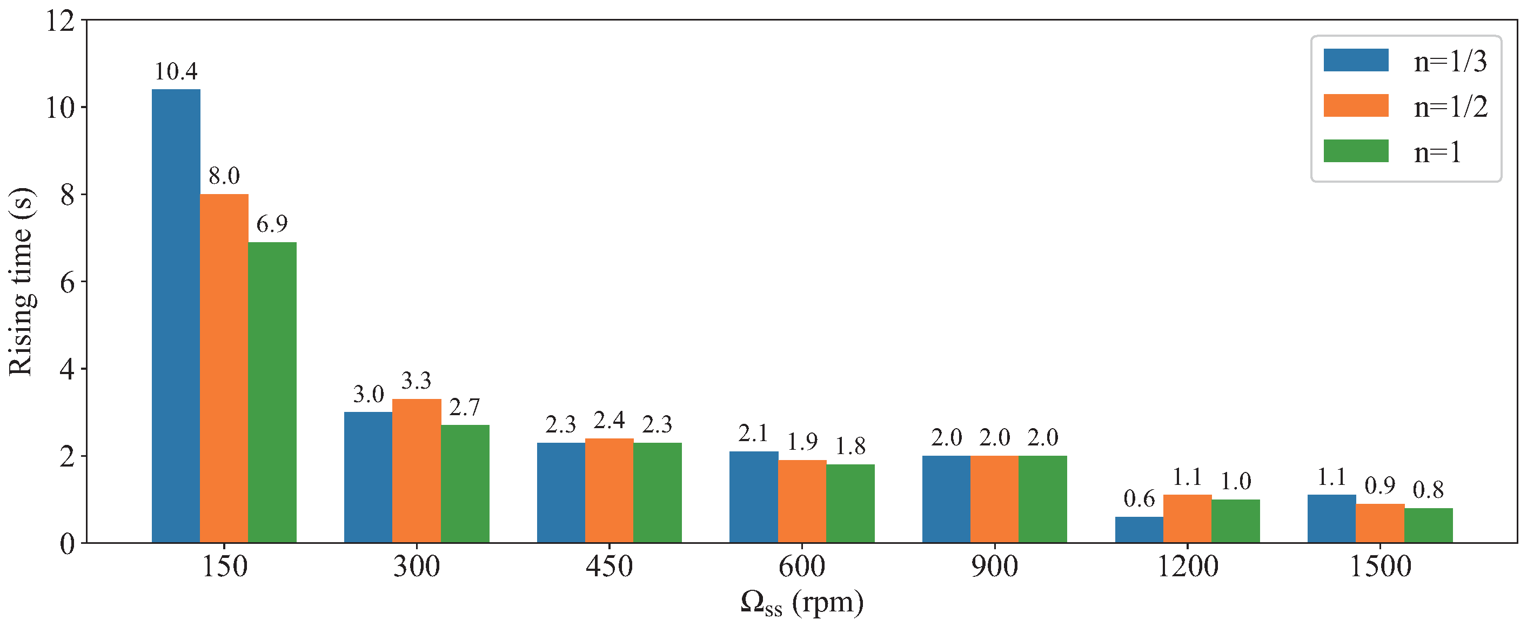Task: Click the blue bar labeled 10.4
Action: (x=176, y=316)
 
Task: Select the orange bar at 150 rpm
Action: (x=224, y=368)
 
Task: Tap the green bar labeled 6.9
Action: (x=272, y=392)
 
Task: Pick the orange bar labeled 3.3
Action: (x=417, y=471)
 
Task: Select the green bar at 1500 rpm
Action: (x=1428, y=525)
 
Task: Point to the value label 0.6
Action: (x=1138, y=499)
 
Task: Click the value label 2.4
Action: (x=609, y=420)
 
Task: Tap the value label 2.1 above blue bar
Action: (x=753, y=434)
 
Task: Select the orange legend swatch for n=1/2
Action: (x=1356, y=105)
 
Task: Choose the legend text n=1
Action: (x=1437, y=152)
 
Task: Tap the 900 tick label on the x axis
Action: (x=994, y=566)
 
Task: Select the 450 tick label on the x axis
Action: (x=609, y=566)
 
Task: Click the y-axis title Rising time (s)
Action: (x=21, y=282)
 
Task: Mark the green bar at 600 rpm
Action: (x=850, y=503)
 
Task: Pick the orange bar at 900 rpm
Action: (x=994, y=499)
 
